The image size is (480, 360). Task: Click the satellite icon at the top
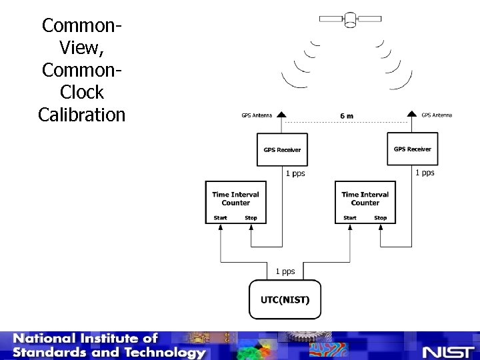pos(350,19)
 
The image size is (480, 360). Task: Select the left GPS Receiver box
pos(282,149)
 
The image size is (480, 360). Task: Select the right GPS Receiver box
pos(412,149)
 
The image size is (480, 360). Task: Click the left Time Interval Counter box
pos(235,201)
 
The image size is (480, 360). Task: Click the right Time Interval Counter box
pos(365,201)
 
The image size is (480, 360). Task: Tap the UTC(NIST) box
pos(285,299)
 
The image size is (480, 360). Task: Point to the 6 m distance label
pos(347,116)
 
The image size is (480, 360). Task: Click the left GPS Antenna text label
pos(257,115)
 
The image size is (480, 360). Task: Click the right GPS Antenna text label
pos(437,115)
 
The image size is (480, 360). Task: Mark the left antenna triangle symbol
pos(282,115)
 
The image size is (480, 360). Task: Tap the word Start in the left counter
pos(221,218)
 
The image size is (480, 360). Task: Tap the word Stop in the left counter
pos(251,218)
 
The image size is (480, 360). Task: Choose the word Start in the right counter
pos(350,218)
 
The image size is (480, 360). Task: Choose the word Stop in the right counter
pos(380,218)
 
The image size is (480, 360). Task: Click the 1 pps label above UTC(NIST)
pos(285,271)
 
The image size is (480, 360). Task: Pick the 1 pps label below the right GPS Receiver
pos(425,173)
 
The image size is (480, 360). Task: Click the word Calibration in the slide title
pos(82,115)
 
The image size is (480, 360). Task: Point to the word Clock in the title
pos(82,92)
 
